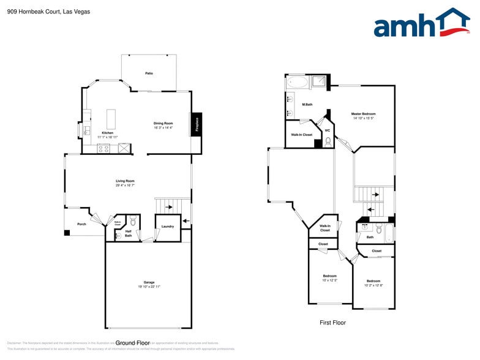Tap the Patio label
[x=149, y=73]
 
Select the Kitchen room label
[x=107, y=133]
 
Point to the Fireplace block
[x=197, y=124]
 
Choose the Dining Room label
[x=163, y=124]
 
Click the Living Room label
[x=125, y=181]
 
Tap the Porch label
[x=81, y=224]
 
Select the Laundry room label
[x=168, y=227]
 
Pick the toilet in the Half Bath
[x=133, y=221]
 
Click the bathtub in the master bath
[x=298, y=82]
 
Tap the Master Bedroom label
[x=363, y=114]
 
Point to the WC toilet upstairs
[x=328, y=141]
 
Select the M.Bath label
[x=307, y=105]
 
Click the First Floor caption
[x=332, y=323]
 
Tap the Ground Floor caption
[x=133, y=343]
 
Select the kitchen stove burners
[x=103, y=148]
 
